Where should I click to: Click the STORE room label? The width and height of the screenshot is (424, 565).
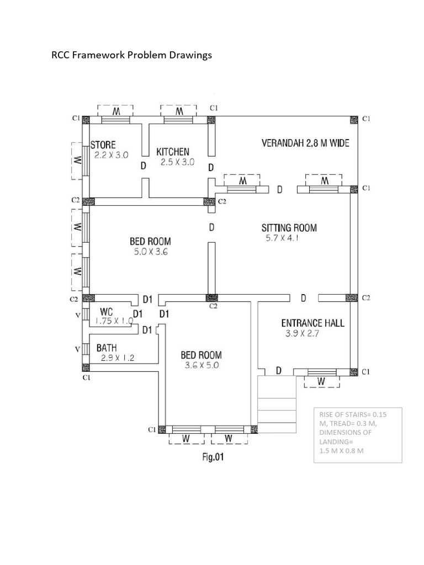[x=103, y=145]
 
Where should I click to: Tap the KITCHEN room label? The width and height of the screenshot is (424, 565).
[x=173, y=151]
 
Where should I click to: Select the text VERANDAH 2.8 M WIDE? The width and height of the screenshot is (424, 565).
[x=305, y=143]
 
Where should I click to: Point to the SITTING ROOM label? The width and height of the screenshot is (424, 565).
[x=289, y=227]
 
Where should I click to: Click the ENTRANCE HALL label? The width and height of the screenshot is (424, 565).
[x=312, y=323]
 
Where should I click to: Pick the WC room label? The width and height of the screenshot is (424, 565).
[x=107, y=312]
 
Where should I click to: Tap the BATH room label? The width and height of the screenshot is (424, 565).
[x=107, y=348]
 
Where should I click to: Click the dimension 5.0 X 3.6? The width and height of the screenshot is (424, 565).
[x=150, y=251]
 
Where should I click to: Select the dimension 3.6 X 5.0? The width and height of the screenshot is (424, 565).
[x=202, y=365]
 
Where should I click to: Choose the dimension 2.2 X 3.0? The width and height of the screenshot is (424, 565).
[x=110, y=156]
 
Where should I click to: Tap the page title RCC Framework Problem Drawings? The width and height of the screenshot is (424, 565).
[x=131, y=55]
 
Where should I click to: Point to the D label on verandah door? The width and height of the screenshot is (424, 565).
[x=280, y=190]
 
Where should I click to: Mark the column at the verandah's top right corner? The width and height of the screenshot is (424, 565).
[x=353, y=119]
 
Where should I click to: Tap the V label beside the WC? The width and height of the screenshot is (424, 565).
[x=78, y=315]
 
